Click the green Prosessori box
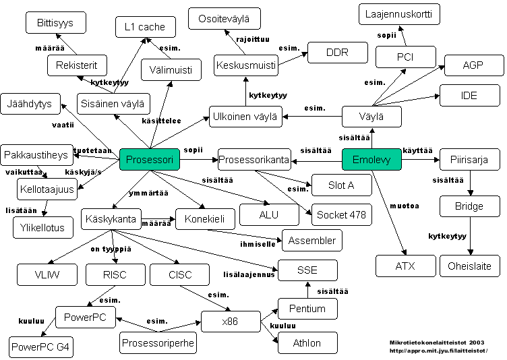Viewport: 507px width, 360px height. [150, 160]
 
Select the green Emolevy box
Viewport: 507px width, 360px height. [371, 160]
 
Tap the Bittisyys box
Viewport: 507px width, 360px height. [55, 23]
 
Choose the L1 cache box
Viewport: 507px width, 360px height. [146, 27]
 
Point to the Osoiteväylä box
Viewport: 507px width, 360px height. [224, 19]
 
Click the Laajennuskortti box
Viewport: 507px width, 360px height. [399, 14]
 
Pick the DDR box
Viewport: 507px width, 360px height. [338, 53]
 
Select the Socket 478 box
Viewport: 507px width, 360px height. [342, 215]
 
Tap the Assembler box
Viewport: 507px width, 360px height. [312, 241]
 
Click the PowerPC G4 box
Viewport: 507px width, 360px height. [40, 347]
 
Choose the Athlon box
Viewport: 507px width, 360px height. [307, 343]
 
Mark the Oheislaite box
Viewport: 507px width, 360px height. [470, 266]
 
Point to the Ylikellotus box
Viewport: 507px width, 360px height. [43, 228]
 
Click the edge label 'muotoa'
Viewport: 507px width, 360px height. [405, 206]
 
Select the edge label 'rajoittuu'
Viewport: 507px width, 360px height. [253, 40]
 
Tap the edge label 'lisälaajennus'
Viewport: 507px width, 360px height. [249, 274]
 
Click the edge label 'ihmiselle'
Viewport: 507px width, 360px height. [258, 244]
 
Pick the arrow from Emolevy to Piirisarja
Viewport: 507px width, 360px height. [421, 160]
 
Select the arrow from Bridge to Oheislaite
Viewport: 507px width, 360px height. [471, 236]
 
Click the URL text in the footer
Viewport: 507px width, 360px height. [438, 351]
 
